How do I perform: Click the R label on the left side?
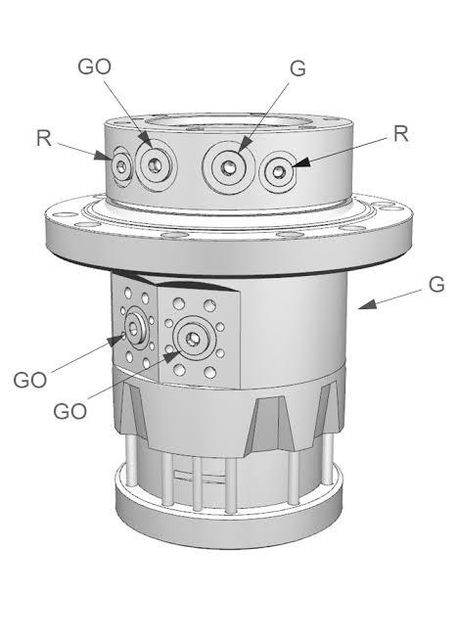tap(43, 138)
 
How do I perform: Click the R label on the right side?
tap(399, 134)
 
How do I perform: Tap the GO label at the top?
tap(94, 66)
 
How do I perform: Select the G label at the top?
tap(298, 69)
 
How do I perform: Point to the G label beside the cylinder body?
tap(436, 285)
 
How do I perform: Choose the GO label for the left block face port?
tap(31, 379)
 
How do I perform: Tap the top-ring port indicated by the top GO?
tap(153, 164)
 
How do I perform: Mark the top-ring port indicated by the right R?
tap(279, 172)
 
